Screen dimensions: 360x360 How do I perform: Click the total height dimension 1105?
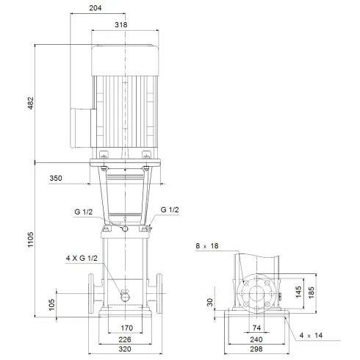coord(29,240)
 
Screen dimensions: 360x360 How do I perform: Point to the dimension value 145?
coord(299,292)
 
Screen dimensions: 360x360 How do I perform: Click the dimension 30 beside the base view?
coord(210,302)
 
